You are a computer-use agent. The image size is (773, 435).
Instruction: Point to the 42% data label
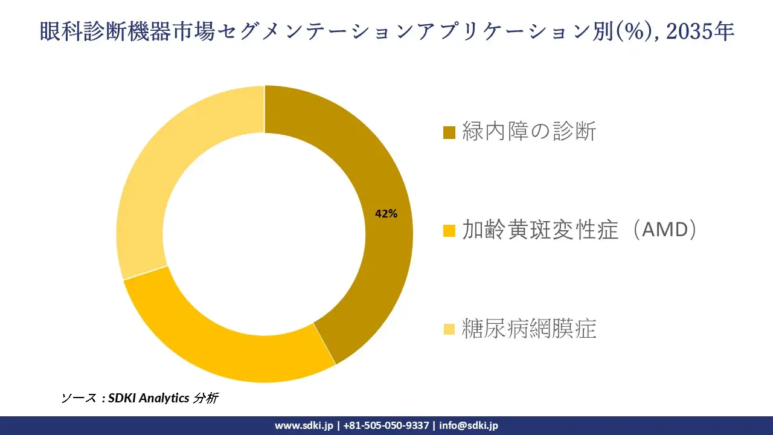coord(386,213)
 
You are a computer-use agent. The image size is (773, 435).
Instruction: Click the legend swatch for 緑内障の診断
coord(449,132)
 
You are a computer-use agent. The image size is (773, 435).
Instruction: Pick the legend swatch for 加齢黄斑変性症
coord(449,231)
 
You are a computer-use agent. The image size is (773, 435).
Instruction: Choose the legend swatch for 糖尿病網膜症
coord(449,329)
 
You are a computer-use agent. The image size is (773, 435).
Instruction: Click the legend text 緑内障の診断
coord(529,131)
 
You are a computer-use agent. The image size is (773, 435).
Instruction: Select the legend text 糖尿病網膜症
coord(529,329)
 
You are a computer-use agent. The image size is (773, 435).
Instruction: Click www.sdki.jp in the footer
coord(304,425)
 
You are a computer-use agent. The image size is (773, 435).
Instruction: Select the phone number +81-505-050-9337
coord(386,425)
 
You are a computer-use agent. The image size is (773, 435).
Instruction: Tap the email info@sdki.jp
coord(469,425)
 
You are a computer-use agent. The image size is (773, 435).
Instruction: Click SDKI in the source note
coord(123,398)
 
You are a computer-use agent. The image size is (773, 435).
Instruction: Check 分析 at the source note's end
coord(206,398)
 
